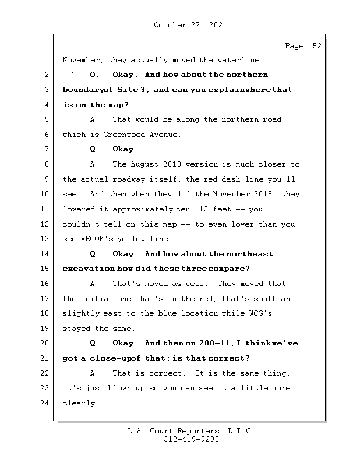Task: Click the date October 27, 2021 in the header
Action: (x=190, y=25)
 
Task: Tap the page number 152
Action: (x=312, y=46)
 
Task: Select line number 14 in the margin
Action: (x=46, y=254)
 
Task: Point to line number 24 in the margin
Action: (x=46, y=403)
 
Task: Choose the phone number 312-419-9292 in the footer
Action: (x=191, y=440)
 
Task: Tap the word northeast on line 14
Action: (x=249, y=254)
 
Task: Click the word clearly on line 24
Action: (x=80, y=403)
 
